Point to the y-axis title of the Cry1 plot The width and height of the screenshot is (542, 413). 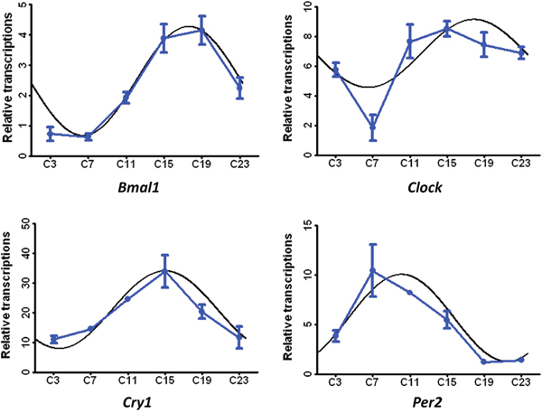pos(6,296)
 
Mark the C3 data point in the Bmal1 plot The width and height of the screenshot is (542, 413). pos(52,133)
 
